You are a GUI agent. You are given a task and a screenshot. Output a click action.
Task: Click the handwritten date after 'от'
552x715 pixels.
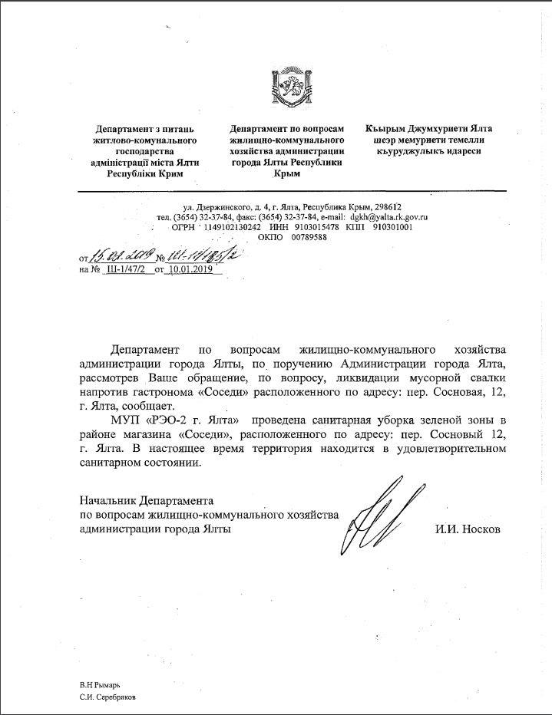coord(123,255)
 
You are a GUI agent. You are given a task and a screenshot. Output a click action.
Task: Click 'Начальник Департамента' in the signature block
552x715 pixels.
coord(149,501)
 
